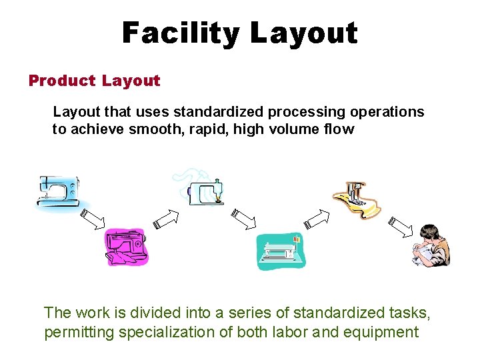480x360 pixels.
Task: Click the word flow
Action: point(341,129)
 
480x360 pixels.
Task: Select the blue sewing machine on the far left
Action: point(58,193)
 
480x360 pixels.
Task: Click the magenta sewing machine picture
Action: point(127,247)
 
